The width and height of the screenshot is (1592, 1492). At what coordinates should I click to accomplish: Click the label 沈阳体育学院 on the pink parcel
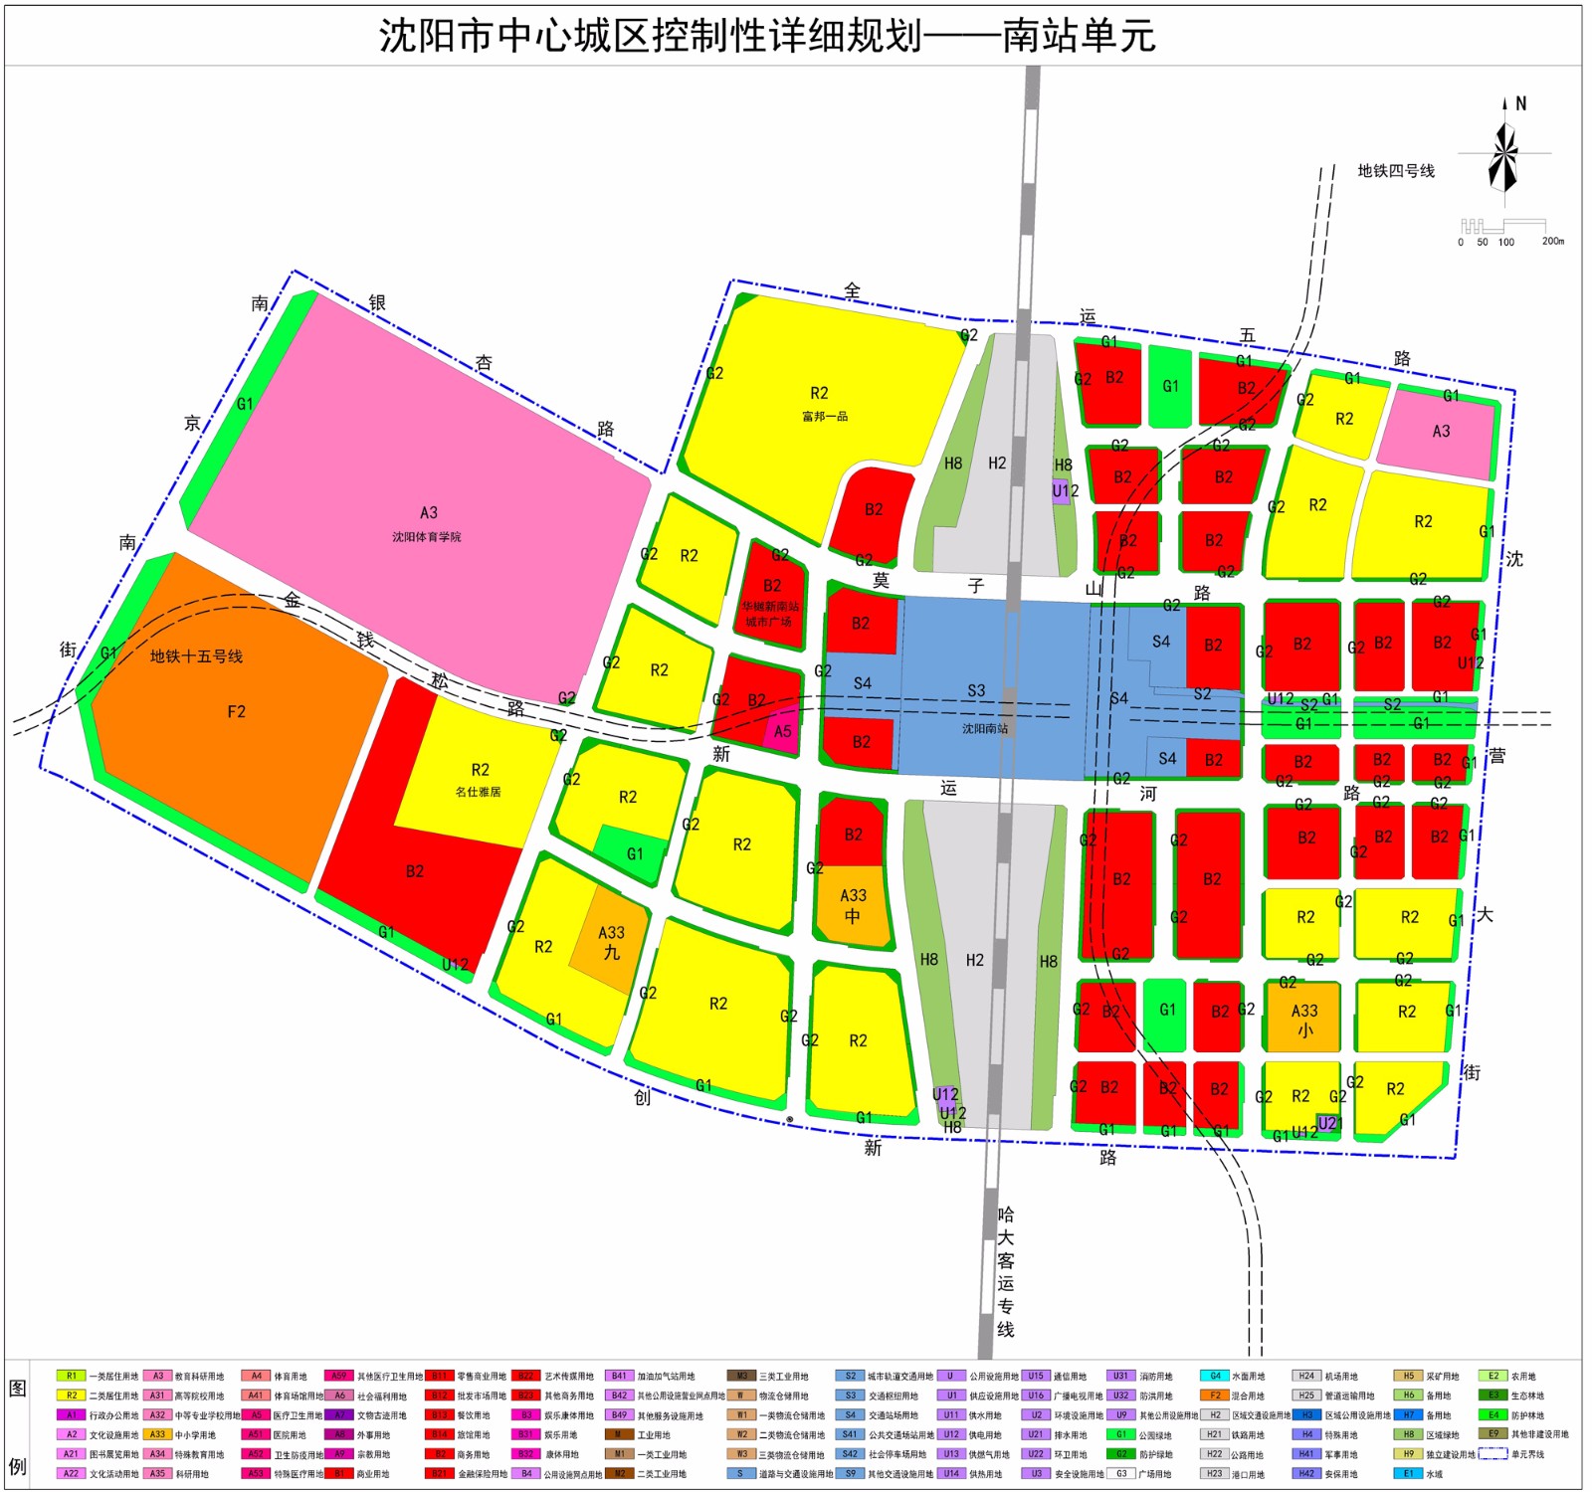[426, 537]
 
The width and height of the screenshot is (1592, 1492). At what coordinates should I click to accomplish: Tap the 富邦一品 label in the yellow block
[825, 417]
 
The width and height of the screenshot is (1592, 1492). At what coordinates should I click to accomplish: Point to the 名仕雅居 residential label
[479, 792]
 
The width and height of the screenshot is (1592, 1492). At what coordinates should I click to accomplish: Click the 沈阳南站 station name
[985, 729]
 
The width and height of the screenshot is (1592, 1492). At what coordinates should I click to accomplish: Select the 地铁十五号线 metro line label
[196, 656]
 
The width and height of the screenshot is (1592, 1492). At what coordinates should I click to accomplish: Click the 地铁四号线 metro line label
[1396, 171]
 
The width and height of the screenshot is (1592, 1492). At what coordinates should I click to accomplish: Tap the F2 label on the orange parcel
[236, 712]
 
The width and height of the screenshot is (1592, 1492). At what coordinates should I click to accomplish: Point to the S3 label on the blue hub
[976, 690]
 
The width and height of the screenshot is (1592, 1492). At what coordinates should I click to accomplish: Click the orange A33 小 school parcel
[1303, 1020]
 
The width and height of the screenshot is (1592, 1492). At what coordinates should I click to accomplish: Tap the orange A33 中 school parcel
[853, 906]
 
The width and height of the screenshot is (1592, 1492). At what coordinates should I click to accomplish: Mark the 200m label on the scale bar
[1552, 242]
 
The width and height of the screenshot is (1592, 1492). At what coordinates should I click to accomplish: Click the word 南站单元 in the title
[1079, 37]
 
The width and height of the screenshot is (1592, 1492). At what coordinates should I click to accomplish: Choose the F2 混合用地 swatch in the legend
[1215, 1396]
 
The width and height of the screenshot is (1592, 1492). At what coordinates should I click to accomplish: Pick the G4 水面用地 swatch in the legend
[1215, 1377]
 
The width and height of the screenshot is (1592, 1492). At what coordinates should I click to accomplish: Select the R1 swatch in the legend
[72, 1377]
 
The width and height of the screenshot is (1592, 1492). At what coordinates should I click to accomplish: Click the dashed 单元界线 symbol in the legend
[1492, 1454]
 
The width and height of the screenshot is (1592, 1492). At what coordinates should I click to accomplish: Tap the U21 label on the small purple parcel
[1329, 1123]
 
